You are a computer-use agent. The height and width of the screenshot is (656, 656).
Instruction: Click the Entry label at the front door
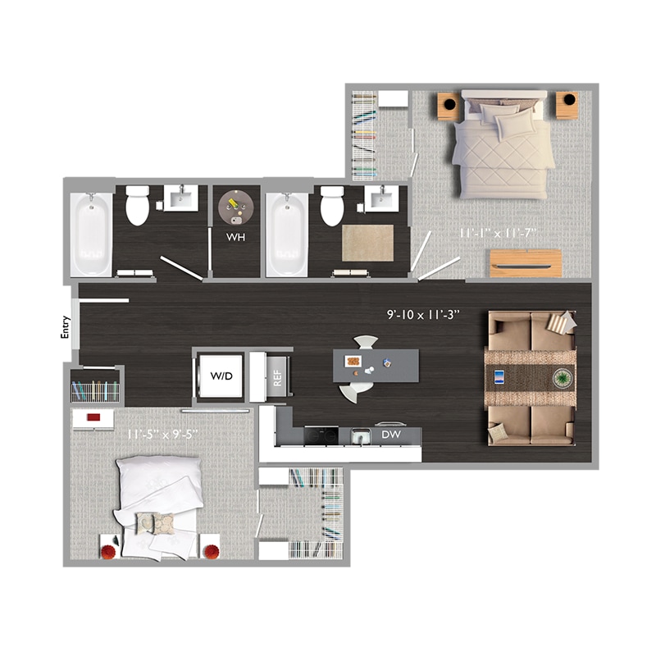click(x=65, y=326)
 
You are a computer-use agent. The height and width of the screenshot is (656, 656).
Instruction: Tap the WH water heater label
click(x=235, y=237)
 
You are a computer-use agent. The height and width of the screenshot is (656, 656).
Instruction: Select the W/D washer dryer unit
click(x=221, y=376)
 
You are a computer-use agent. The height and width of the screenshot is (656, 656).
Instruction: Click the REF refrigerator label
click(x=277, y=378)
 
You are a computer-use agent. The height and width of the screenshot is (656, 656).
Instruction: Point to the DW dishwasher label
click(x=391, y=435)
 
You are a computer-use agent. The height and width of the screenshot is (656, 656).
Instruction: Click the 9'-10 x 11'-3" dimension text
click(x=423, y=314)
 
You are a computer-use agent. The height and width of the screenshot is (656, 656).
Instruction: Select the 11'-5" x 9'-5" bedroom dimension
click(x=162, y=435)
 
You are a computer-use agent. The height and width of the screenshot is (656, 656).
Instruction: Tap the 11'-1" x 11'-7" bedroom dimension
click(x=498, y=233)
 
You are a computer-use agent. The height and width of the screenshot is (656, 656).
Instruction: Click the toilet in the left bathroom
click(x=137, y=205)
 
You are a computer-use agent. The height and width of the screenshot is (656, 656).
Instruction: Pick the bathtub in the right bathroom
click(x=287, y=235)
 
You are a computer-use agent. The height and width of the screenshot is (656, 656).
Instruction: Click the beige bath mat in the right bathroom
click(x=367, y=243)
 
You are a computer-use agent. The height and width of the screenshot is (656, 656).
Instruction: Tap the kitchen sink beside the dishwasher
click(x=360, y=436)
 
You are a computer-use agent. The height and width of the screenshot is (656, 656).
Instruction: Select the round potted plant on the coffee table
click(x=563, y=378)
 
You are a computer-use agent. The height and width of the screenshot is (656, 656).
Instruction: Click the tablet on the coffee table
click(x=499, y=377)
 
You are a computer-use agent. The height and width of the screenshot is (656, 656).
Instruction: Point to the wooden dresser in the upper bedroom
click(x=526, y=263)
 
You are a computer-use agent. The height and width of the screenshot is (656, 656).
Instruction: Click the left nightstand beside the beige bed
click(x=449, y=106)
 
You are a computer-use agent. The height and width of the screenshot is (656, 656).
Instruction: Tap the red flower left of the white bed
click(x=109, y=552)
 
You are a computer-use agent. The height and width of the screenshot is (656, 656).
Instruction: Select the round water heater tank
click(x=235, y=207)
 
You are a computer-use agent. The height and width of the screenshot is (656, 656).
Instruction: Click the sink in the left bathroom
click(x=180, y=198)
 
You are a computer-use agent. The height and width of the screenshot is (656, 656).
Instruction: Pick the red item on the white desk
click(x=93, y=417)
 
